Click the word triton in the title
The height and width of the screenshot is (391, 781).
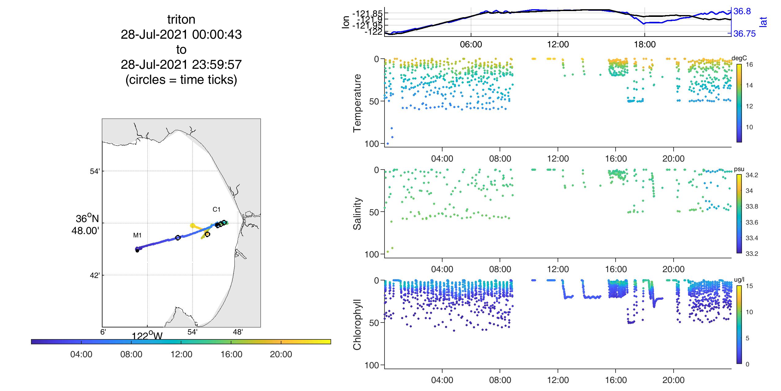[x=181, y=20]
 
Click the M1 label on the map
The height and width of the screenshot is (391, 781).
[x=137, y=235]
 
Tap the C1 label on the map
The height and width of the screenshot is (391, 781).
[x=216, y=209]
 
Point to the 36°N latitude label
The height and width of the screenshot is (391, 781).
[x=87, y=219]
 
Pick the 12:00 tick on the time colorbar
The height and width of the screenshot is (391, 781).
[x=181, y=354]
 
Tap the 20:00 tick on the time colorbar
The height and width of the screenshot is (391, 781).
[x=281, y=354]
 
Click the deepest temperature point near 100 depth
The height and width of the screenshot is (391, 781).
[x=388, y=143]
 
